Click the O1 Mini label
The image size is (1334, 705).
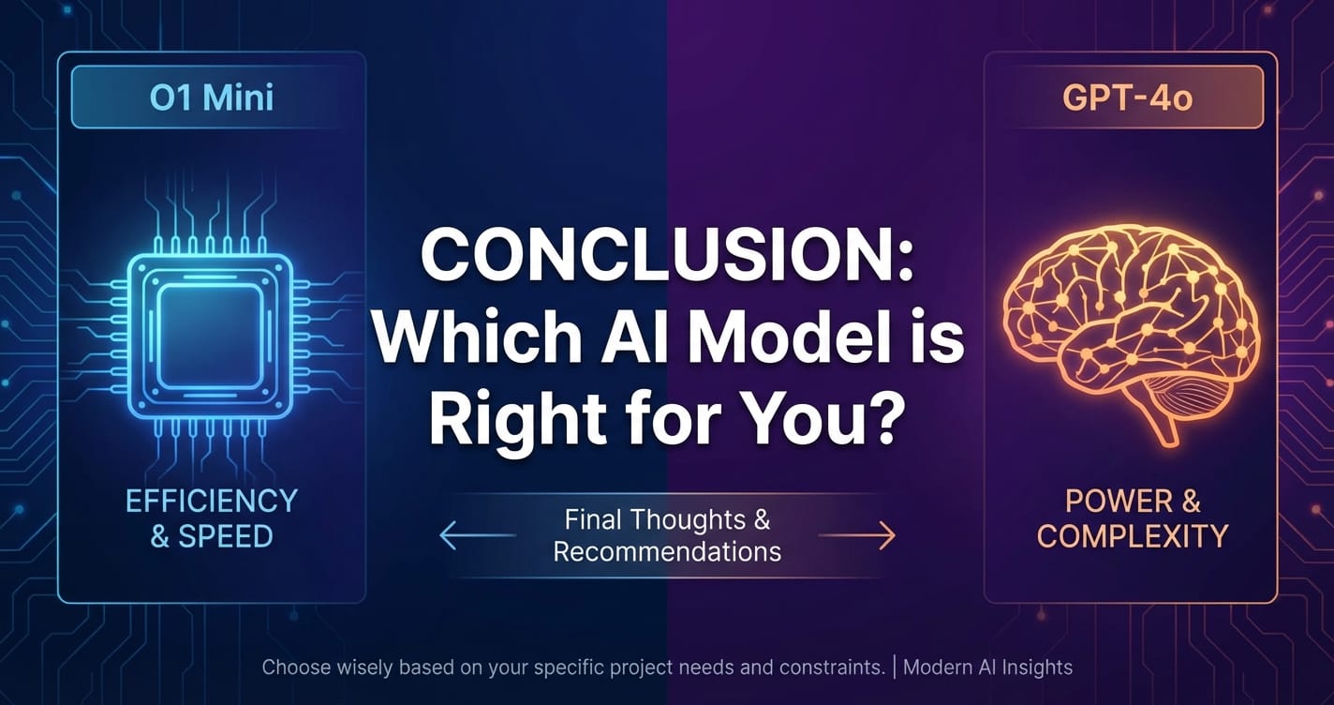(212, 98)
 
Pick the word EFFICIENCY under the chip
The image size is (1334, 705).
(212, 502)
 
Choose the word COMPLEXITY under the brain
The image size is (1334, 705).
(1133, 537)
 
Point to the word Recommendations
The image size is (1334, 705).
(667, 550)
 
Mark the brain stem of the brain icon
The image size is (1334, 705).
(1166, 427)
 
